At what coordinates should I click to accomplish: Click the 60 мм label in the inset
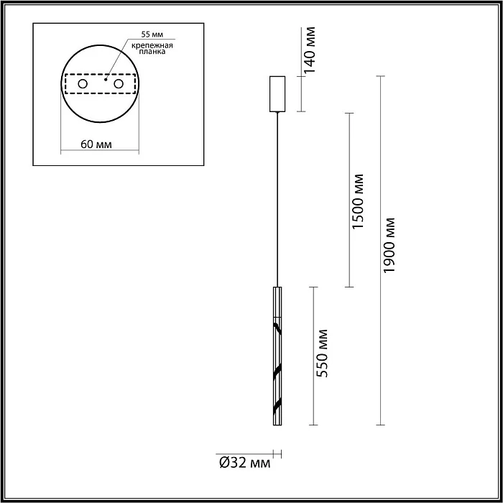tap(96, 144)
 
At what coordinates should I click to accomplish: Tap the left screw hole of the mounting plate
tap(83, 85)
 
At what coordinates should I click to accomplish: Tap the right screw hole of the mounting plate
tap(117, 85)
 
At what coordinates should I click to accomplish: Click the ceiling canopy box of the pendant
tap(277, 93)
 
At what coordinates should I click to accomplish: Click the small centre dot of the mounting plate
tap(105, 81)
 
